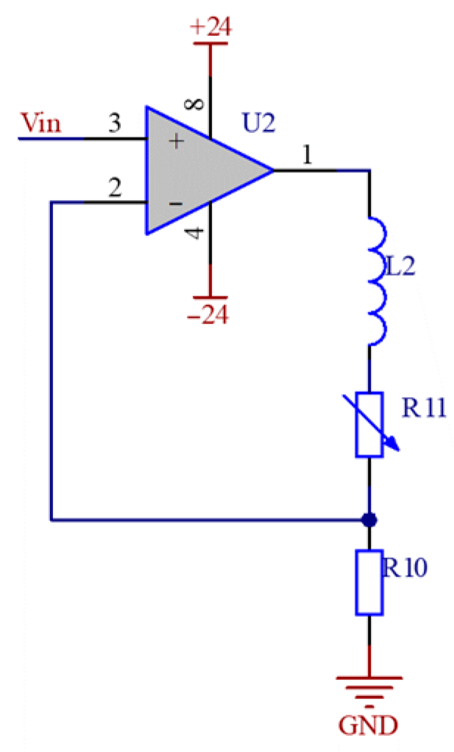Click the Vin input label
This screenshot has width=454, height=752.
point(41,123)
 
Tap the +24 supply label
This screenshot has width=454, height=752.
point(210,27)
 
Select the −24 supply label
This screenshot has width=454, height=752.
point(208,314)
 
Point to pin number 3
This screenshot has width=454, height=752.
point(115,123)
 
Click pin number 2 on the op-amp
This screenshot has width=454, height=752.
point(114,187)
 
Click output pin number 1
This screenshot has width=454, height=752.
point(306,155)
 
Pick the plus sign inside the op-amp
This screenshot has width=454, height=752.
point(176,142)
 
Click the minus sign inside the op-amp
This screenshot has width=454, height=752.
point(176,202)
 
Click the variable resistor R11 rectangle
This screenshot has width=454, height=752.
point(369,425)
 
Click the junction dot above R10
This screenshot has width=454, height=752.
point(369,520)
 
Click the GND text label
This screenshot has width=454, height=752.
point(369,726)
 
